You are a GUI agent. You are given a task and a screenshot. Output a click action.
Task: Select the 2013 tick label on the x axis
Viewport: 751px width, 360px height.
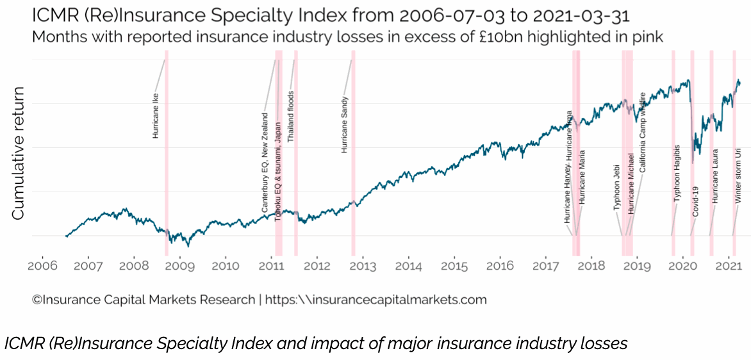pyautogui.click(x=363, y=265)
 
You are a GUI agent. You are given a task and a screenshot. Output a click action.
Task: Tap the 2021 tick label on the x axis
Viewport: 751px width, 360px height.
pyautogui.click(x=729, y=265)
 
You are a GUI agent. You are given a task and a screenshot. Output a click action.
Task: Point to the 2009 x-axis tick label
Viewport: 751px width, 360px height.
pyautogui.click(x=179, y=265)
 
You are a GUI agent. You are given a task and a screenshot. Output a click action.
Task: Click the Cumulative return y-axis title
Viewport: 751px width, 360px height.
pyautogui.click(x=19, y=153)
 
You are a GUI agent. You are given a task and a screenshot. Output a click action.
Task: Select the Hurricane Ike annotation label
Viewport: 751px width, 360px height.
pyautogui.click(x=156, y=116)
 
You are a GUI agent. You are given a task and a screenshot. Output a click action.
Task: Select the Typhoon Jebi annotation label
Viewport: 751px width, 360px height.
pyautogui.click(x=617, y=186)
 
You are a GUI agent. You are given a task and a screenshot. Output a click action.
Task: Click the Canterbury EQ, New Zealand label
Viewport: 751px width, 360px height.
pyautogui.click(x=265, y=163)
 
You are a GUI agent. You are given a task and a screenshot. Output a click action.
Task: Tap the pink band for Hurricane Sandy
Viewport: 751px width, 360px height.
pyautogui.click(x=353, y=160)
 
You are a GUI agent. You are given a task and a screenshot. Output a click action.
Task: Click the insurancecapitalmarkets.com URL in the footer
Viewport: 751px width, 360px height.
pyautogui.click(x=376, y=299)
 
